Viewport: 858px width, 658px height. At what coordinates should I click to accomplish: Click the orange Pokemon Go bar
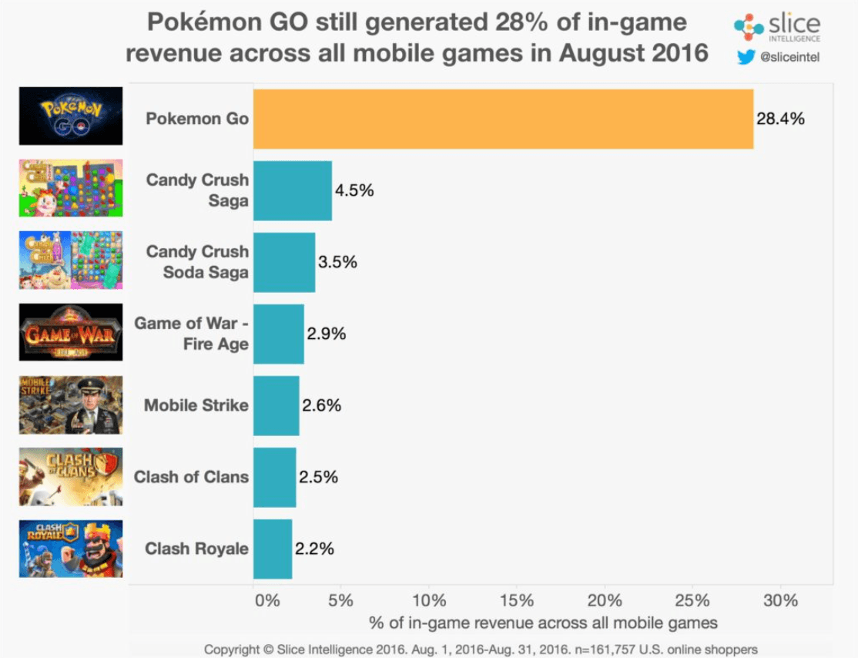point(503,119)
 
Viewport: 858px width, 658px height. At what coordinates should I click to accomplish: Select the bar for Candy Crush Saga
point(292,190)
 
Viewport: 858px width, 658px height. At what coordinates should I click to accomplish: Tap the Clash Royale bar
point(272,549)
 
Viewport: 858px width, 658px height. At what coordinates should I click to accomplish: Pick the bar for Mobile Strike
point(276,405)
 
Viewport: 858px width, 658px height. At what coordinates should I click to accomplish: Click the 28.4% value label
point(780,119)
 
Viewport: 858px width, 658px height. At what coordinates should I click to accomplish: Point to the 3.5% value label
point(338,262)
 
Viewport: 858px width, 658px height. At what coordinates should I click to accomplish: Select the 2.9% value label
point(327,334)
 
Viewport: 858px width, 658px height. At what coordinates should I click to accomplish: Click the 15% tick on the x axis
point(517,600)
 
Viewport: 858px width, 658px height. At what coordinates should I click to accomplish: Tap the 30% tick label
point(779,600)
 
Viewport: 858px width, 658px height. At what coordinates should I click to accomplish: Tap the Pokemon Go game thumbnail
point(71,116)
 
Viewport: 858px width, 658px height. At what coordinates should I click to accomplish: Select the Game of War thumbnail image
point(71,332)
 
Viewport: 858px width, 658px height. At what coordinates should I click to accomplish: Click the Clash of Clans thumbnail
point(71,476)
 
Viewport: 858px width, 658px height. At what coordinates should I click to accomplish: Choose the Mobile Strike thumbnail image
point(71,405)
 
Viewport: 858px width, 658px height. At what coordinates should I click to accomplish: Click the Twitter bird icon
point(746,56)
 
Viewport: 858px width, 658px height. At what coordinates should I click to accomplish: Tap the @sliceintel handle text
point(789,56)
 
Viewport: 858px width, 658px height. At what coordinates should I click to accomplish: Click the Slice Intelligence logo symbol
point(749,27)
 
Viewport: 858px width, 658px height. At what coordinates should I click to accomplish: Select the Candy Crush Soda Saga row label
point(197,262)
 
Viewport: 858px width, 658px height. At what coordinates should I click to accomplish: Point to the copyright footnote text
point(481,649)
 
